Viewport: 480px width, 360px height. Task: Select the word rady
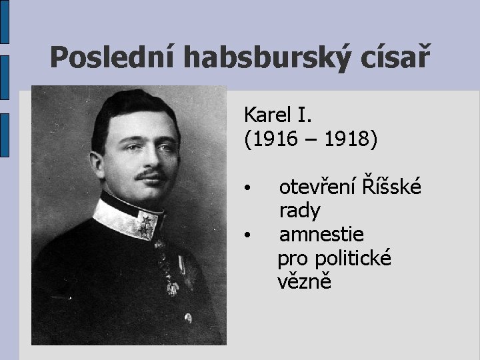(x=300, y=211)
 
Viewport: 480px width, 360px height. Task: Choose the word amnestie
(x=321, y=234)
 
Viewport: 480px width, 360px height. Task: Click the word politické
(x=353, y=259)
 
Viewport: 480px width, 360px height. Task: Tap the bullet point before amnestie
(x=247, y=235)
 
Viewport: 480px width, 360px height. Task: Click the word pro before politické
(x=291, y=259)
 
